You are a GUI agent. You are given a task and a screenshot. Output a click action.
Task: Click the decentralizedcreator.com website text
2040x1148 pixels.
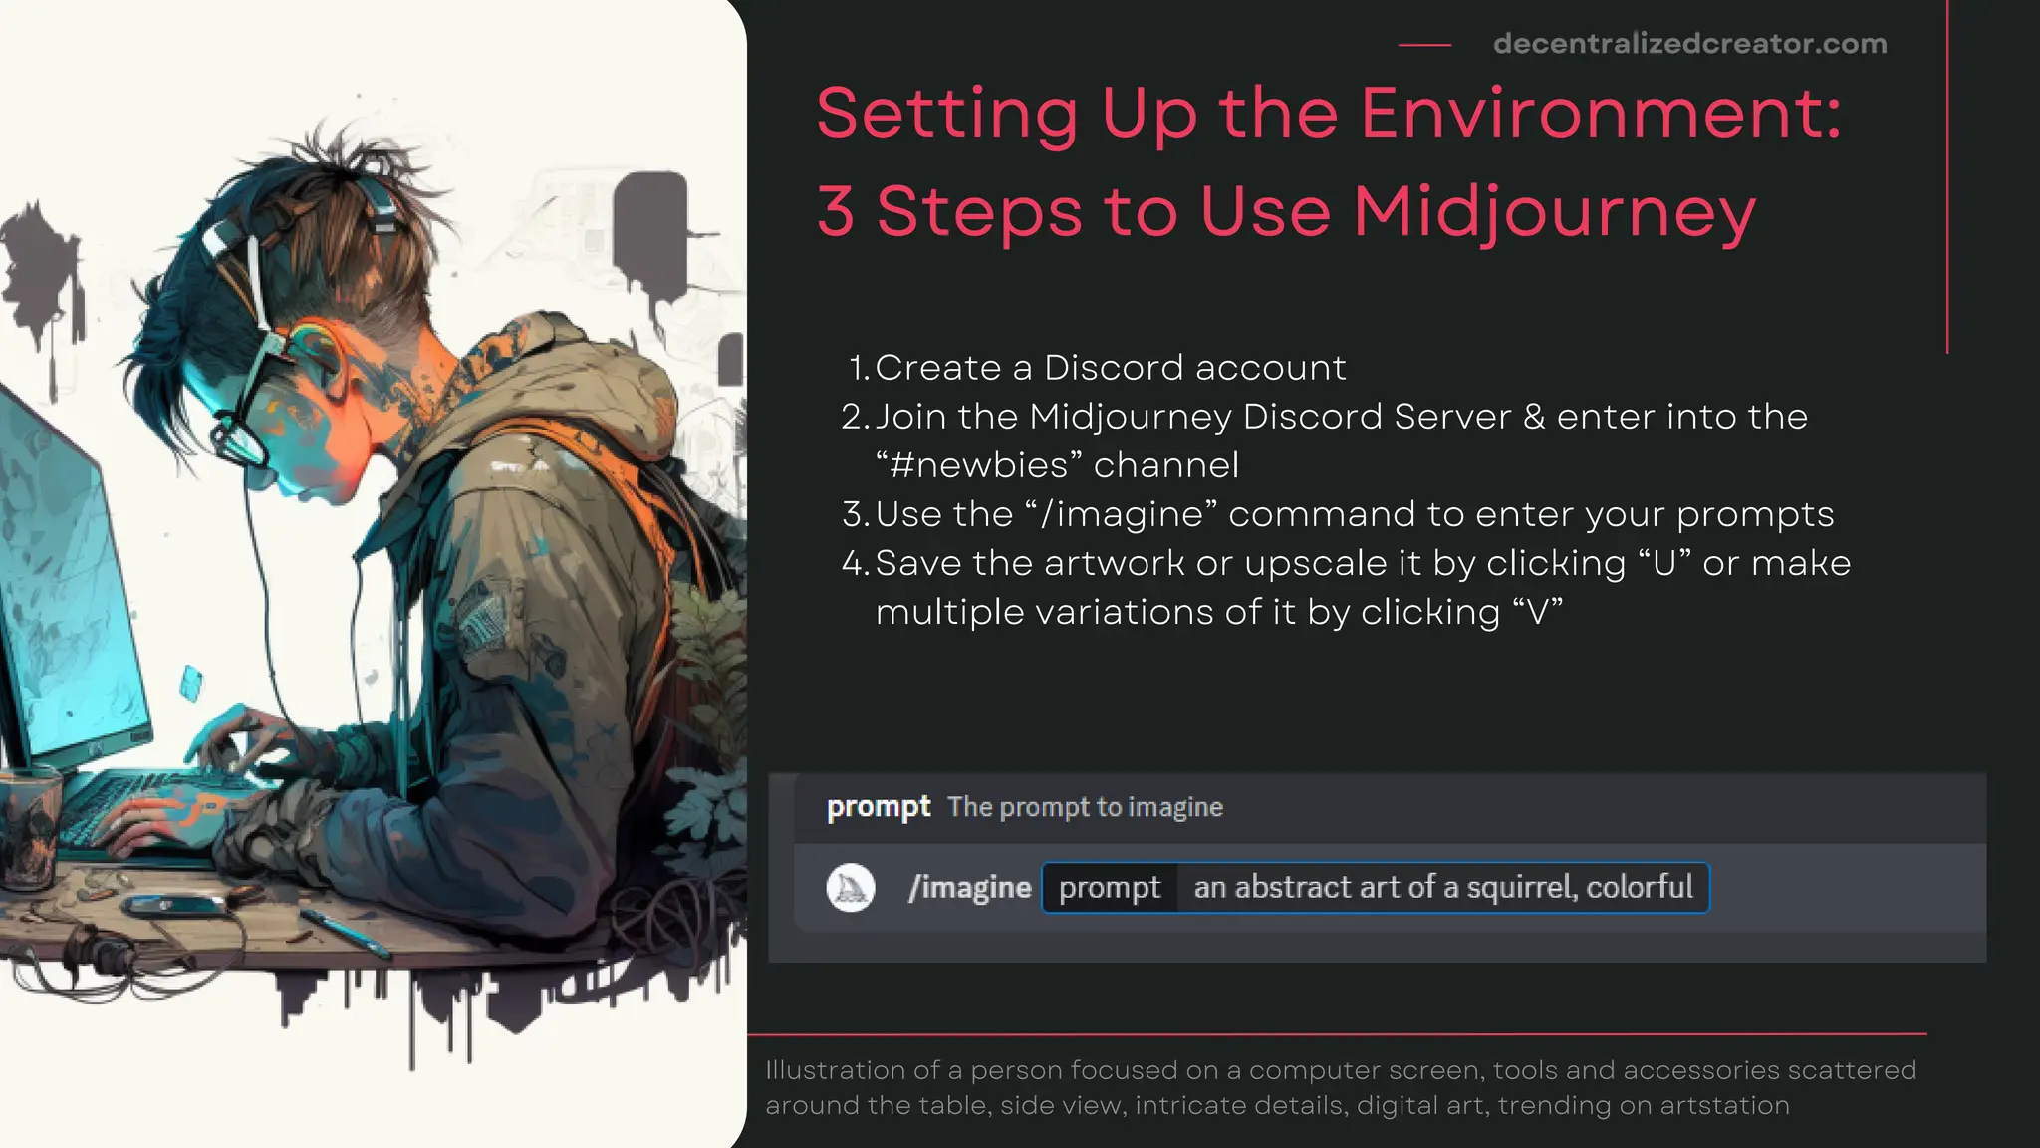[x=1689, y=44]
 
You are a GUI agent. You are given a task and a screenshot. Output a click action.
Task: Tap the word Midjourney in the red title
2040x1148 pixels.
[x=1554, y=213]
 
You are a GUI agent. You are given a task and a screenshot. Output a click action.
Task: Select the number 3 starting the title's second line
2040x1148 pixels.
[x=836, y=213]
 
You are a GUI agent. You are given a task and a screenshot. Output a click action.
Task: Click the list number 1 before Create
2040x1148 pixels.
[x=858, y=368]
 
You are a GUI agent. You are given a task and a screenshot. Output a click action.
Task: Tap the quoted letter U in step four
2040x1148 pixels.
[x=1664, y=563]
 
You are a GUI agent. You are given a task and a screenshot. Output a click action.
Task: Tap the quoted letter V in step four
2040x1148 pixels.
[x=1537, y=612]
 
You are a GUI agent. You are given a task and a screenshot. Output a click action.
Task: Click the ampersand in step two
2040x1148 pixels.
[x=1534, y=417]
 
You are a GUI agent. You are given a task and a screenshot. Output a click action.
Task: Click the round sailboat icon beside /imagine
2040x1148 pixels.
[x=851, y=887]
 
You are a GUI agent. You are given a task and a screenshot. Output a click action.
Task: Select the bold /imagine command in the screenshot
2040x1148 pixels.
[x=969, y=887]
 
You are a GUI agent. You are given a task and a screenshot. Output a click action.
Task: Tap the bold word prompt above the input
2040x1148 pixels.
[x=878, y=806]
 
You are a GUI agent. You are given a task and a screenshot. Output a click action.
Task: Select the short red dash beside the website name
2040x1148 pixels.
[x=1424, y=45]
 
